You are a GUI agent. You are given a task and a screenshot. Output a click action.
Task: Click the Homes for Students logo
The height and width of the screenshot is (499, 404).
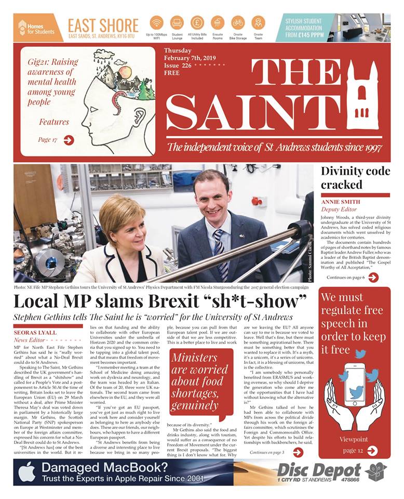(x=36, y=28)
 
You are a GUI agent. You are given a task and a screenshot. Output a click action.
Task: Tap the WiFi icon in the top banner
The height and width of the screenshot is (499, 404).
(x=156, y=23)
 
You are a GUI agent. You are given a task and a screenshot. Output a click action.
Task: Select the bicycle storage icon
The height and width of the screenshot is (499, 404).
(x=238, y=23)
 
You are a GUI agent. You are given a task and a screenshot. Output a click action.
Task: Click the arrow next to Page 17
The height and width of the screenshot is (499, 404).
(x=69, y=140)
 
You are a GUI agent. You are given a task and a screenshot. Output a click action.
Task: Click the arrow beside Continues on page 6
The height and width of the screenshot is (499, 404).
(x=372, y=278)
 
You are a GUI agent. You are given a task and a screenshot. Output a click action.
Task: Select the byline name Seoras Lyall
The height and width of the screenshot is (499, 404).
(x=36, y=333)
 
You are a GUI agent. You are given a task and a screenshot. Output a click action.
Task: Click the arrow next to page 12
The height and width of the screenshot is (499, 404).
(x=372, y=451)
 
